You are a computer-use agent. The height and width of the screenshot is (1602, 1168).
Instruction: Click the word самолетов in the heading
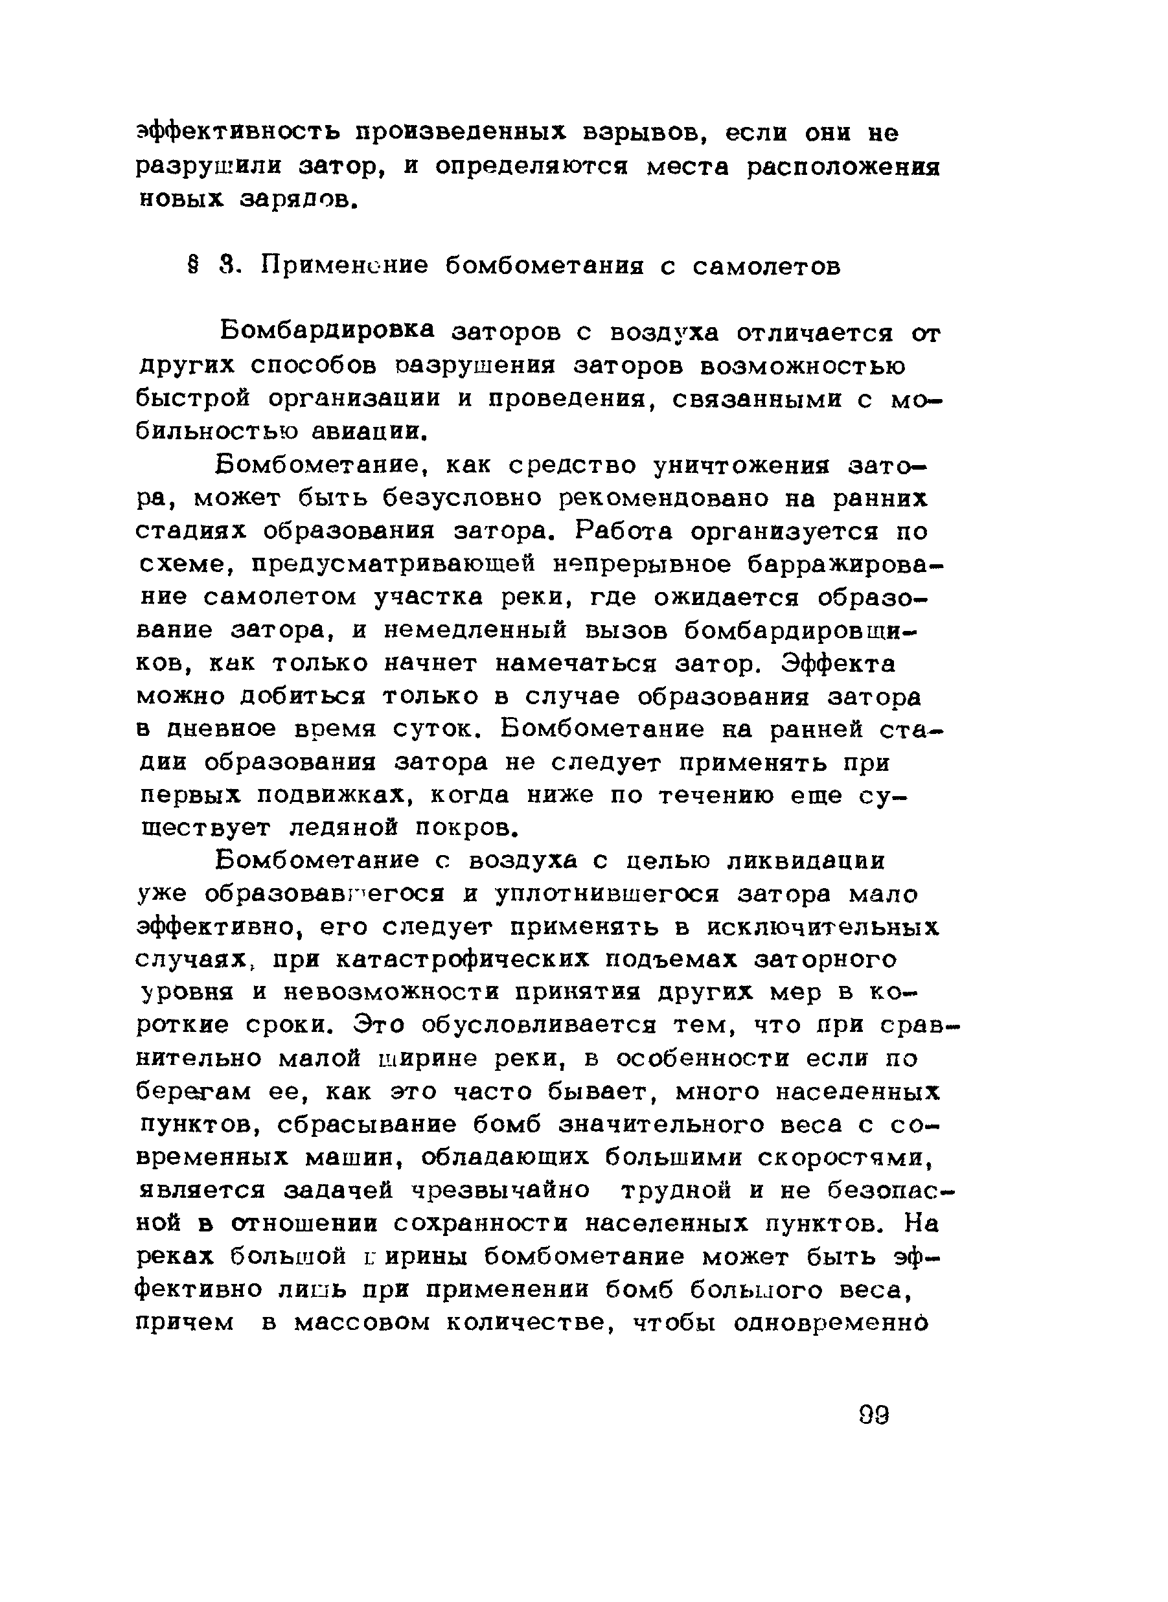(767, 266)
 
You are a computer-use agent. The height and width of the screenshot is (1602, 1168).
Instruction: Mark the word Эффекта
(839, 664)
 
